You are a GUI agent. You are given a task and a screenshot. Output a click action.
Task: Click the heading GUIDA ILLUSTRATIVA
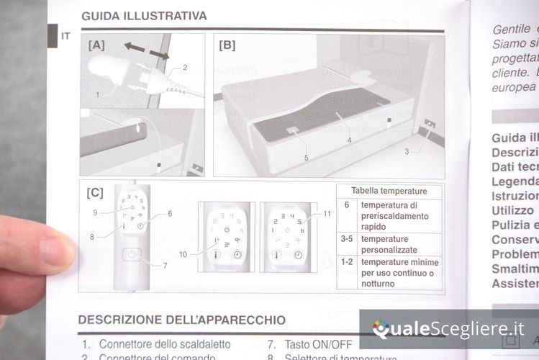(144, 15)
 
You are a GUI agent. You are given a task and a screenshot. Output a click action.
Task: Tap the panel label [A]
(96, 45)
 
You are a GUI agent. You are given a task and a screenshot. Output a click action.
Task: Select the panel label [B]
(227, 45)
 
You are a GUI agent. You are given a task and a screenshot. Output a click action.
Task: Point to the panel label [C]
(95, 193)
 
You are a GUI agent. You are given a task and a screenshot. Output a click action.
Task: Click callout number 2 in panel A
(185, 68)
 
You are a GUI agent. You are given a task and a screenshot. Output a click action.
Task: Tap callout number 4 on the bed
(349, 140)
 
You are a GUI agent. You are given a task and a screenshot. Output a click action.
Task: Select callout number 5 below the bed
(306, 157)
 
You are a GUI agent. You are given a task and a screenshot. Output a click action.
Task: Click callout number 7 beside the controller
(165, 265)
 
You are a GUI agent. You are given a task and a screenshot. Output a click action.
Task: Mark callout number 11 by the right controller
(327, 213)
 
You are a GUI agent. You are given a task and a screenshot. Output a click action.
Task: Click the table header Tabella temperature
(389, 191)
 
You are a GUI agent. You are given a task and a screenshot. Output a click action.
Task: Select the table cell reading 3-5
(346, 238)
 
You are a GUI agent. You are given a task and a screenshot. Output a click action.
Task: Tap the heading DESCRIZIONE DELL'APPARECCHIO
(181, 319)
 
